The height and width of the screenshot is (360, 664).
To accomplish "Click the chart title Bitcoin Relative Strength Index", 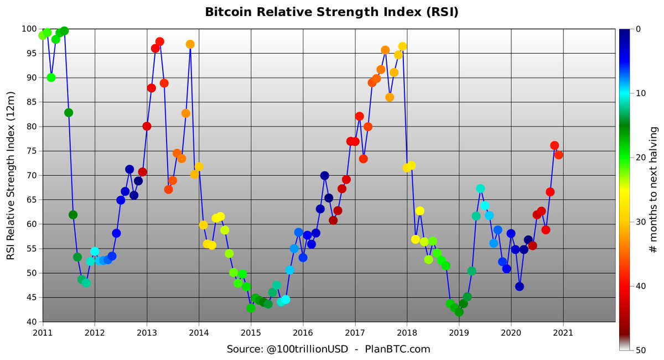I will click(331, 12).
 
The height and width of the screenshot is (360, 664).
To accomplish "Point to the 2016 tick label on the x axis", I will click(303, 333).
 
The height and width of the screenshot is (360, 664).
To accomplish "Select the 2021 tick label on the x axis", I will click(563, 333).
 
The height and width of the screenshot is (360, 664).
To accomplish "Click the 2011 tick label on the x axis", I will click(43, 333).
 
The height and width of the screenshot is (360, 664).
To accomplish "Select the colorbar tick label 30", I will click(636, 222).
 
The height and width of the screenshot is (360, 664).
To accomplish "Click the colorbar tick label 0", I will click(634, 29).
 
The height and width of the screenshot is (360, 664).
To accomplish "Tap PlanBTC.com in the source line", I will click(397, 349).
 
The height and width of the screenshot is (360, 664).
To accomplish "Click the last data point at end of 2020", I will click(558, 155).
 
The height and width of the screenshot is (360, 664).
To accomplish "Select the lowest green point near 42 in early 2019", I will click(459, 312).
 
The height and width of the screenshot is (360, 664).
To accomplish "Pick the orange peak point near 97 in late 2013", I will click(190, 44).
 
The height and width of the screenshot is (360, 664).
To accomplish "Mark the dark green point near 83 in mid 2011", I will click(69, 112).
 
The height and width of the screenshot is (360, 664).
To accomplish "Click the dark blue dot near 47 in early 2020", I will click(519, 286).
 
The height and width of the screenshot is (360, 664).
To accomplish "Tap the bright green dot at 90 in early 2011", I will click(51, 77).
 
